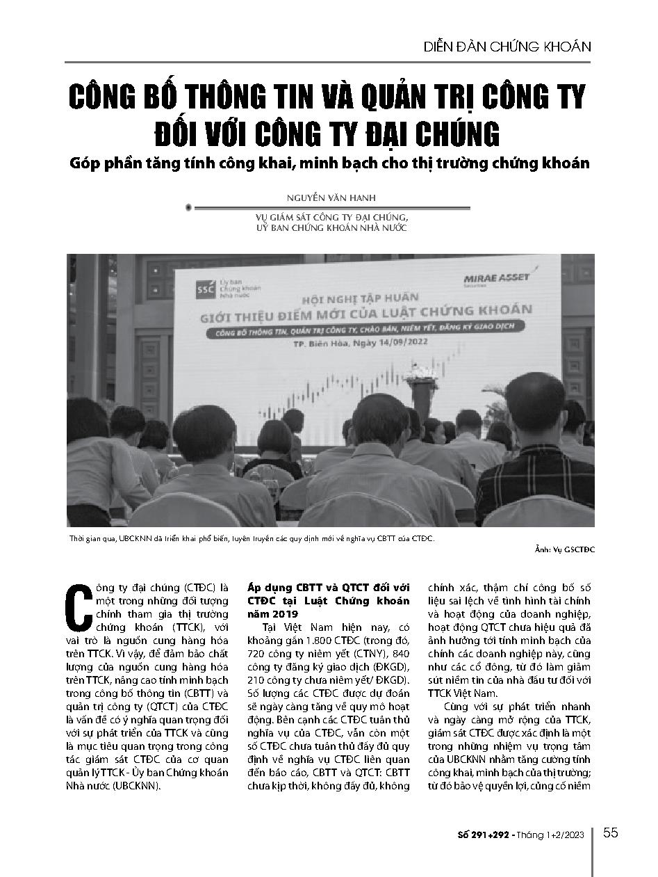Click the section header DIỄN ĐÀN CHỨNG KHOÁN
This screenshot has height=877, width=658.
[507, 47]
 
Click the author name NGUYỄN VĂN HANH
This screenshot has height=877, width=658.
[329, 198]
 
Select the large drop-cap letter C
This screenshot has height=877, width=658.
[79, 602]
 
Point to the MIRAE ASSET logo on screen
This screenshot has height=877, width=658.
[496, 279]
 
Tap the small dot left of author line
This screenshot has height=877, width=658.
[189, 207]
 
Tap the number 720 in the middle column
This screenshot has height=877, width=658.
[258, 657]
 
